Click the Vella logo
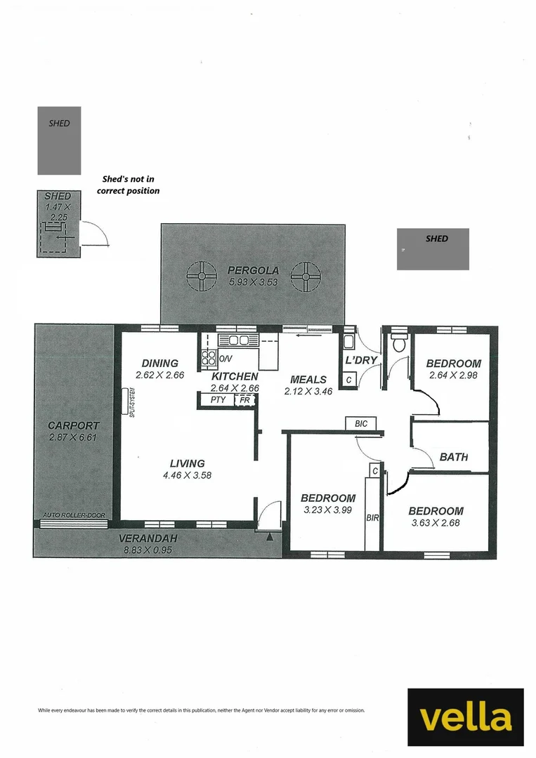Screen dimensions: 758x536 (x=466, y=717)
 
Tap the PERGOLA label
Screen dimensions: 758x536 (x=254, y=270)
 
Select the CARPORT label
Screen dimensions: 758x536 (x=73, y=425)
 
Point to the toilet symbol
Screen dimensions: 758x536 (x=400, y=343)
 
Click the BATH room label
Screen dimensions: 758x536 (x=454, y=457)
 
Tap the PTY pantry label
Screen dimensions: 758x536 (x=218, y=399)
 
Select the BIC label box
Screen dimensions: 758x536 (x=361, y=423)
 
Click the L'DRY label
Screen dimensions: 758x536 (x=361, y=360)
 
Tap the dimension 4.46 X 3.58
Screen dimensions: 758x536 (x=187, y=474)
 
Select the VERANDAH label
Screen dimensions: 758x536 (x=148, y=538)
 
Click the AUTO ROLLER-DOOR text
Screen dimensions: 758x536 (x=74, y=515)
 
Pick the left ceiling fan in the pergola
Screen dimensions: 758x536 (x=202, y=277)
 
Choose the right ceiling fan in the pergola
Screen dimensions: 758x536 (x=306, y=277)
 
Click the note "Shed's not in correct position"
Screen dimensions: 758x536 (x=128, y=185)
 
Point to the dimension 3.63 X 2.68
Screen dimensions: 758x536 (x=436, y=522)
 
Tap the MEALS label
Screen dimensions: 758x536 (x=308, y=380)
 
